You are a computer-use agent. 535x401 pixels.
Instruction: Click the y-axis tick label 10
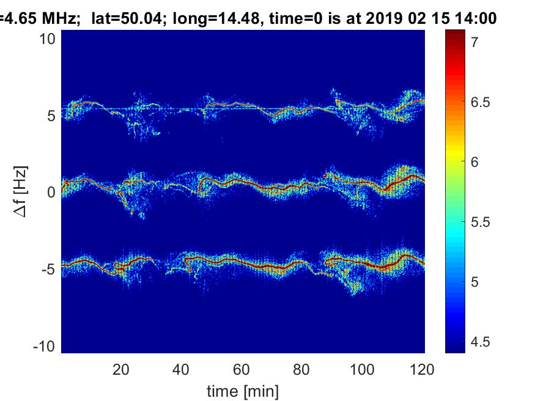(47, 39)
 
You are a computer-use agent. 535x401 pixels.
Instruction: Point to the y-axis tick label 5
(51, 116)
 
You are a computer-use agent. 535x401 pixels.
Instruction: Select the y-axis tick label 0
(51, 193)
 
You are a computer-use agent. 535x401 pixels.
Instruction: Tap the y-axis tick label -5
(48, 270)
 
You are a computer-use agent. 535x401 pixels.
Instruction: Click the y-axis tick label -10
(44, 347)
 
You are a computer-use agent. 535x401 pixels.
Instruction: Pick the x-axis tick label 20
(121, 370)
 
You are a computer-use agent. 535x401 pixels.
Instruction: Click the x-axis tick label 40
(181, 370)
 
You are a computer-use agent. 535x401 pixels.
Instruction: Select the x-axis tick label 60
(242, 370)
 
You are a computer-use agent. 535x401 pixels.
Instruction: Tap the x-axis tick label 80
(301, 370)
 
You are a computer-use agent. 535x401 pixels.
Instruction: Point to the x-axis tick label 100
(362, 370)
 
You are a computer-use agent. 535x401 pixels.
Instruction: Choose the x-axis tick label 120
(422, 370)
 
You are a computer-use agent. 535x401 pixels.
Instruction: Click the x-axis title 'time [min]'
(243, 391)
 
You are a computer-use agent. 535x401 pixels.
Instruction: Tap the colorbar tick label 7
(474, 42)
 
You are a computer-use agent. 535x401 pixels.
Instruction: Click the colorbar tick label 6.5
(481, 102)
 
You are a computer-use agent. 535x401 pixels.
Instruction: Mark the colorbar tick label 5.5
(481, 222)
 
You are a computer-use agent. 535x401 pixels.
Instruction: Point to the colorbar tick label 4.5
(481, 342)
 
